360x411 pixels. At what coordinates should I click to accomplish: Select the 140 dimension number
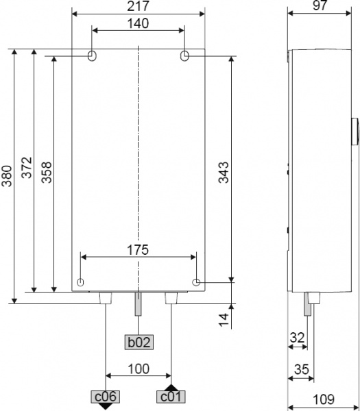(139, 23)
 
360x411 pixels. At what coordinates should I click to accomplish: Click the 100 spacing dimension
(139, 368)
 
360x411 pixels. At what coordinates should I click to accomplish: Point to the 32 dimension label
(297, 337)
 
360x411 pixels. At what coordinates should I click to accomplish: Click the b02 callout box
(137, 340)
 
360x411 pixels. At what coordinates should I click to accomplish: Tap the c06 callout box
(105, 396)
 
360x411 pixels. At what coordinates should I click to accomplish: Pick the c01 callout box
(170, 396)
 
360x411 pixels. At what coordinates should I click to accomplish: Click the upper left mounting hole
(93, 55)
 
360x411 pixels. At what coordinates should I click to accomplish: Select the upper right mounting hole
(184, 55)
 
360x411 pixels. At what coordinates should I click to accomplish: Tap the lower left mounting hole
(82, 282)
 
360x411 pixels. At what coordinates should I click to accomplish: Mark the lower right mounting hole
(197, 282)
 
